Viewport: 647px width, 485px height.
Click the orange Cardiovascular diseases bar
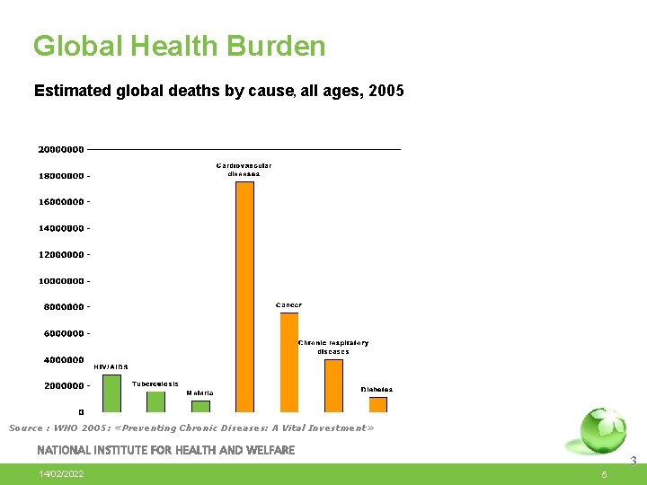244,296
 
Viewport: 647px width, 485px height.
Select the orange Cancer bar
289,362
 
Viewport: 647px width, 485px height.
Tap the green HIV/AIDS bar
111,393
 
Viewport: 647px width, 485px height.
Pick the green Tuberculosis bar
156,401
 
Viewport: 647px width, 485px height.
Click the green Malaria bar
200,406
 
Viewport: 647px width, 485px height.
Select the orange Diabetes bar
378,404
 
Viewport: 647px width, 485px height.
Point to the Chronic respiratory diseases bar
333,385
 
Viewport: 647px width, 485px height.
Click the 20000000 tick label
61,149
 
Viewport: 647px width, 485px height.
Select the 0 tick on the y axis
81,412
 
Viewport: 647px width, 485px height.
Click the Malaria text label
199,393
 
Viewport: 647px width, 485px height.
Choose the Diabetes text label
377,390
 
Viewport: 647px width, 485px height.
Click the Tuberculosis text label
155,384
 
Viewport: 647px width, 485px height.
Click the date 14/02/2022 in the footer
62,473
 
